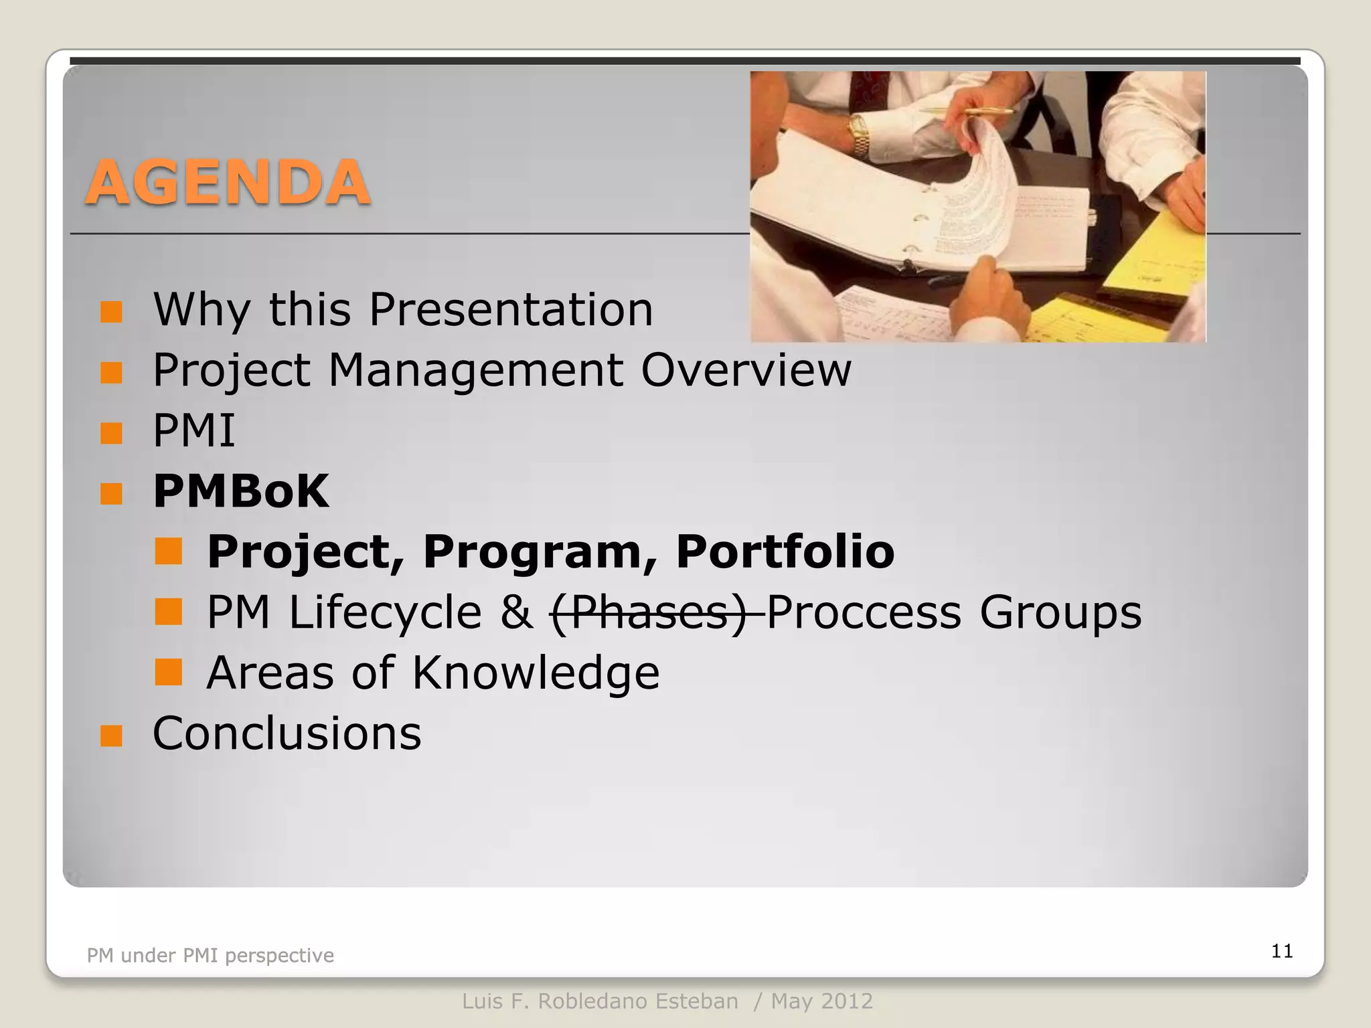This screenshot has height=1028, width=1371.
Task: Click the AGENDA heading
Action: (x=228, y=183)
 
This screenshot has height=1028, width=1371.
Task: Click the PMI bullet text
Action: (x=193, y=430)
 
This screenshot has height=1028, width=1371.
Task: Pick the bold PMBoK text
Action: (x=241, y=491)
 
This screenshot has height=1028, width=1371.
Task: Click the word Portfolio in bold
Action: (x=785, y=551)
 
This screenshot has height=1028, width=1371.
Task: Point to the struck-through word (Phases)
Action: (x=648, y=612)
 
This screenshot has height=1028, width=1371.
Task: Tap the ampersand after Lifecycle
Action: (x=516, y=612)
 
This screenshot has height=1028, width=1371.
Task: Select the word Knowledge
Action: (x=535, y=673)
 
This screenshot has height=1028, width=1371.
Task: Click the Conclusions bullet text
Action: (x=287, y=734)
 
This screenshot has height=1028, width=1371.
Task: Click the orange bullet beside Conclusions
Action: (x=111, y=736)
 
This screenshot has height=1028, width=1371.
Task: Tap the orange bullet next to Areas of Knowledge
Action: (x=168, y=673)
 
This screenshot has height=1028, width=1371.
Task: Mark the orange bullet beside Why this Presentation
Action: (x=111, y=312)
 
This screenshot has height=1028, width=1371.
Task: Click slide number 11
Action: (x=1281, y=951)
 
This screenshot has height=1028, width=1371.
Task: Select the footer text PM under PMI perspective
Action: (x=210, y=956)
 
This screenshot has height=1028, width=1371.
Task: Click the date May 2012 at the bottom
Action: (x=821, y=1001)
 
